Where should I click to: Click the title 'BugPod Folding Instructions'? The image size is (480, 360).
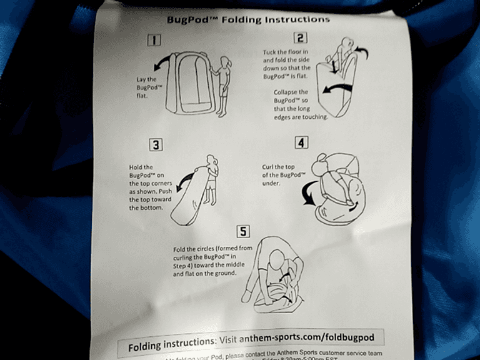click(247, 19)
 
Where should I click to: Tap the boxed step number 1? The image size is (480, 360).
click(154, 41)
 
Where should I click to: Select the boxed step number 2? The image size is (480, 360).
click(302, 38)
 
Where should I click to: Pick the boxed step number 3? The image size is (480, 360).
click(156, 144)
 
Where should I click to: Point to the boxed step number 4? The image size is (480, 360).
click(302, 142)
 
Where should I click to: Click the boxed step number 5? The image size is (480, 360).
click(243, 232)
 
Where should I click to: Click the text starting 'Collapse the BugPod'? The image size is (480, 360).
click(299, 104)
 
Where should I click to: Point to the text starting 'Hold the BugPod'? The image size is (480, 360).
click(146, 187)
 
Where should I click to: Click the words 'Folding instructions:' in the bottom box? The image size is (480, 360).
click(171, 344)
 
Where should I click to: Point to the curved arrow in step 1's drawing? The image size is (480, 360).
click(162, 65)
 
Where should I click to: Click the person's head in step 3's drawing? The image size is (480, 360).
click(211, 161)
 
